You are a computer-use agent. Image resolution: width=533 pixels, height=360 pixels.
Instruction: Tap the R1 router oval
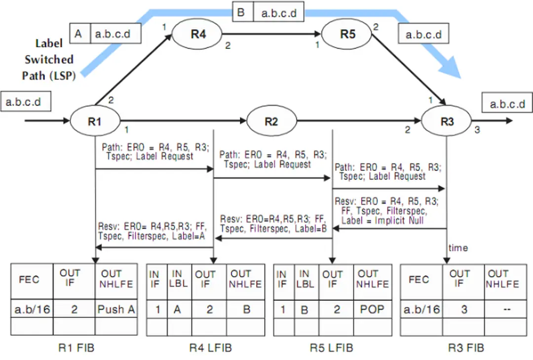click(95, 120)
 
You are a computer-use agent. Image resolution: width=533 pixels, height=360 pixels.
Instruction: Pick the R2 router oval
click(271, 120)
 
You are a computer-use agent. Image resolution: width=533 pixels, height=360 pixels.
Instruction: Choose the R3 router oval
click(447, 120)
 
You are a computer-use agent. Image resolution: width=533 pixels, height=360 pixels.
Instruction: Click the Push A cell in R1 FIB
click(116, 309)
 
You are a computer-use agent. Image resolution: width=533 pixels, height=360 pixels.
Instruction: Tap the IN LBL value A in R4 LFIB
click(176, 309)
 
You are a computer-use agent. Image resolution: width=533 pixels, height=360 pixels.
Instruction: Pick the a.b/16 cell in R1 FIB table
click(32, 309)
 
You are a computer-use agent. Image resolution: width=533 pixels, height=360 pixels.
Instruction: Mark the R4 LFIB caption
click(210, 348)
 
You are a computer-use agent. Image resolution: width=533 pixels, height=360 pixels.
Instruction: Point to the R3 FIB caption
click(466, 348)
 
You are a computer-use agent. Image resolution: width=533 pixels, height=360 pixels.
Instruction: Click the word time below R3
click(458, 248)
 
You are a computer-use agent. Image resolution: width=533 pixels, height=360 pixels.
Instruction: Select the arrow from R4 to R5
click(274, 34)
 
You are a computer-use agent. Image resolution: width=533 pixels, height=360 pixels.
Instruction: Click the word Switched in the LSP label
click(49, 60)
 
